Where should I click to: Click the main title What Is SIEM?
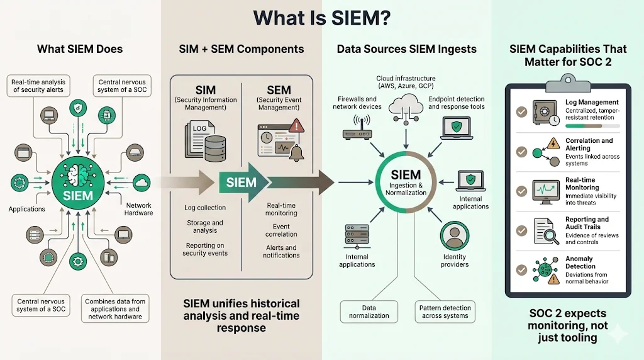[322, 18]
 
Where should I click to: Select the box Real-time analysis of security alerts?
[39, 86]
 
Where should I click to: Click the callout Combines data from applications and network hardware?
[115, 309]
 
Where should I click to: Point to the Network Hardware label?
[139, 209]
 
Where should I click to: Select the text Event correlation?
[281, 230]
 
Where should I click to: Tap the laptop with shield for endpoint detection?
[456, 128]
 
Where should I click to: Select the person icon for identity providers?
[454, 236]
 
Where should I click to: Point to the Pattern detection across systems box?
[445, 312]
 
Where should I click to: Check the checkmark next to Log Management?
[521, 111]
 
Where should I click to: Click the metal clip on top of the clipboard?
[568, 82]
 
